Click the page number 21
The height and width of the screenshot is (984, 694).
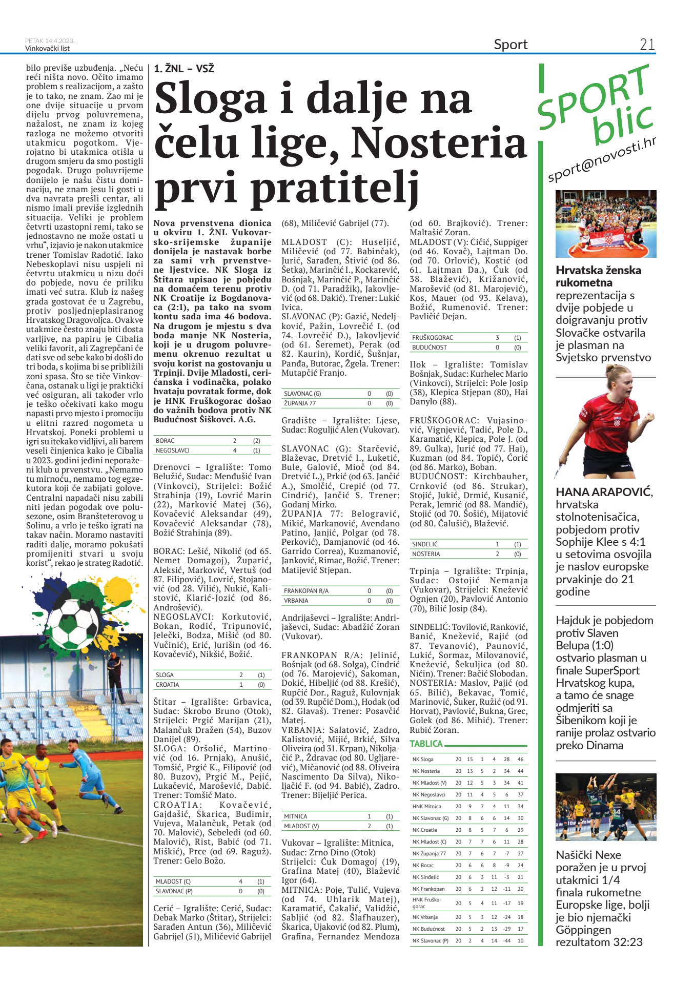coord(647,45)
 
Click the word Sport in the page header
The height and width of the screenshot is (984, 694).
coord(511,45)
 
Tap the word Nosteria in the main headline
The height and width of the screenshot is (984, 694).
coord(439,142)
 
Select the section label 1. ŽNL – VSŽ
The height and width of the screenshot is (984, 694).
coord(184,68)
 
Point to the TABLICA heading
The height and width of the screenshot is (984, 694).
coord(426,744)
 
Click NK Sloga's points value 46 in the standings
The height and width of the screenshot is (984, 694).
coord(520,759)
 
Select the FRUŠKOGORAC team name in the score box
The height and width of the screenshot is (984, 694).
coord(433,338)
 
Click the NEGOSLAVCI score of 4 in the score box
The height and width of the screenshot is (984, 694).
coord(235,450)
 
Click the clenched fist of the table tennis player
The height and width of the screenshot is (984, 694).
coord(648,418)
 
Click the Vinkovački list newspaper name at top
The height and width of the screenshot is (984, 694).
coord(47,49)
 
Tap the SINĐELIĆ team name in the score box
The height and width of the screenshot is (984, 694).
coord(425,544)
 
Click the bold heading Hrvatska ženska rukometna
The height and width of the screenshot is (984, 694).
coord(598,276)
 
